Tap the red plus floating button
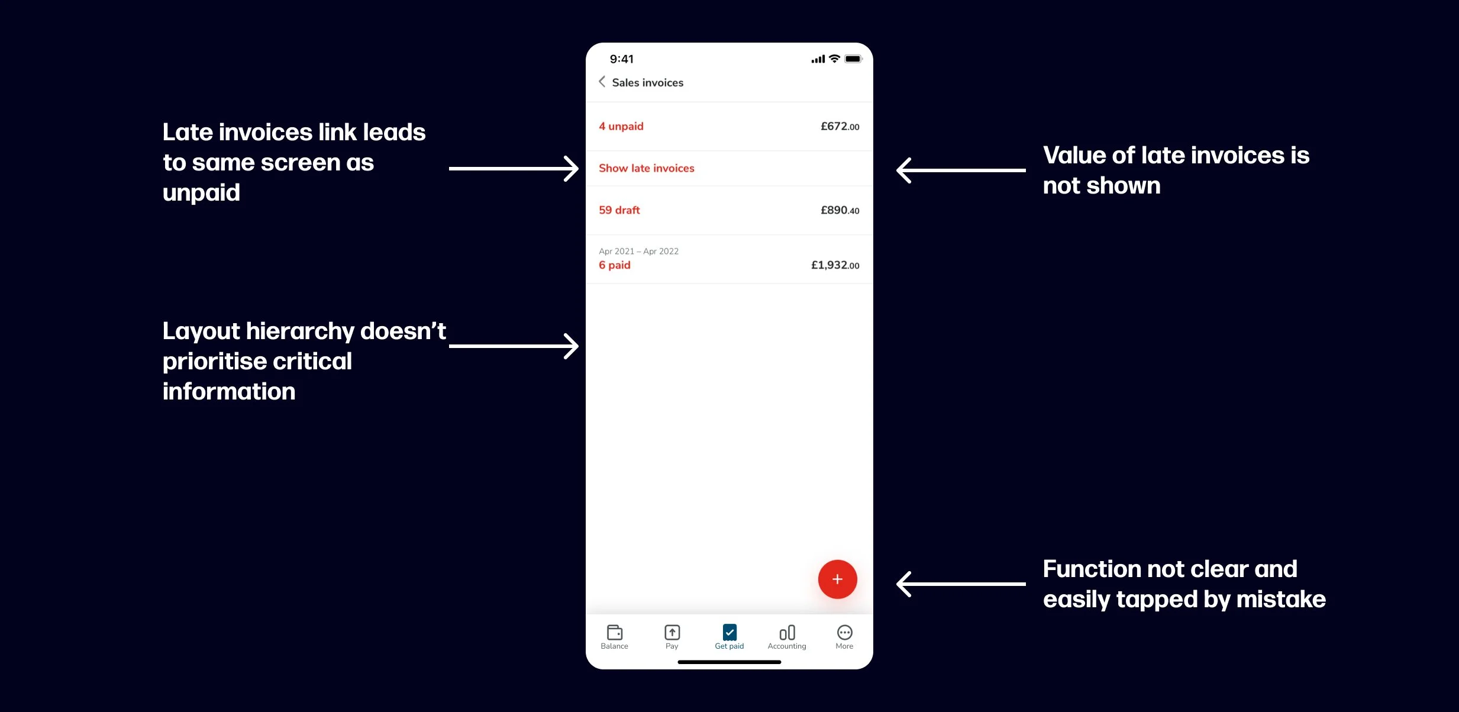click(x=837, y=579)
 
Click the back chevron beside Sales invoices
click(x=602, y=82)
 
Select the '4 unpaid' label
click(x=621, y=126)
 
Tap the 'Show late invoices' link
click(x=646, y=168)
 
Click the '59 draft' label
click(x=619, y=210)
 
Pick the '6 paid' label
click(x=614, y=265)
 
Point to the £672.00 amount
click(x=840, y=126)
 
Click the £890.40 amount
click(x=840, y=210)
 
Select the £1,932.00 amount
click(x=835, y=265)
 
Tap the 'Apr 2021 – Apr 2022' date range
click(x=638, y=251)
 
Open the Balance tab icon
click(x=614, y=633)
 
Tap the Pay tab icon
click(x=672, y=633)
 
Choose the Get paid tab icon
click(x=729, y=633)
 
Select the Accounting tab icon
click(x=787, y=633)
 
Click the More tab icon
click(x=844, y=633)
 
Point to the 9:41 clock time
click(x=621, y=59)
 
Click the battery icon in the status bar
click(x=853, y=59)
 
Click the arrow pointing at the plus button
click(x=961, y=584)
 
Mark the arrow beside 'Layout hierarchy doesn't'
click(x=514, y=346)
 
